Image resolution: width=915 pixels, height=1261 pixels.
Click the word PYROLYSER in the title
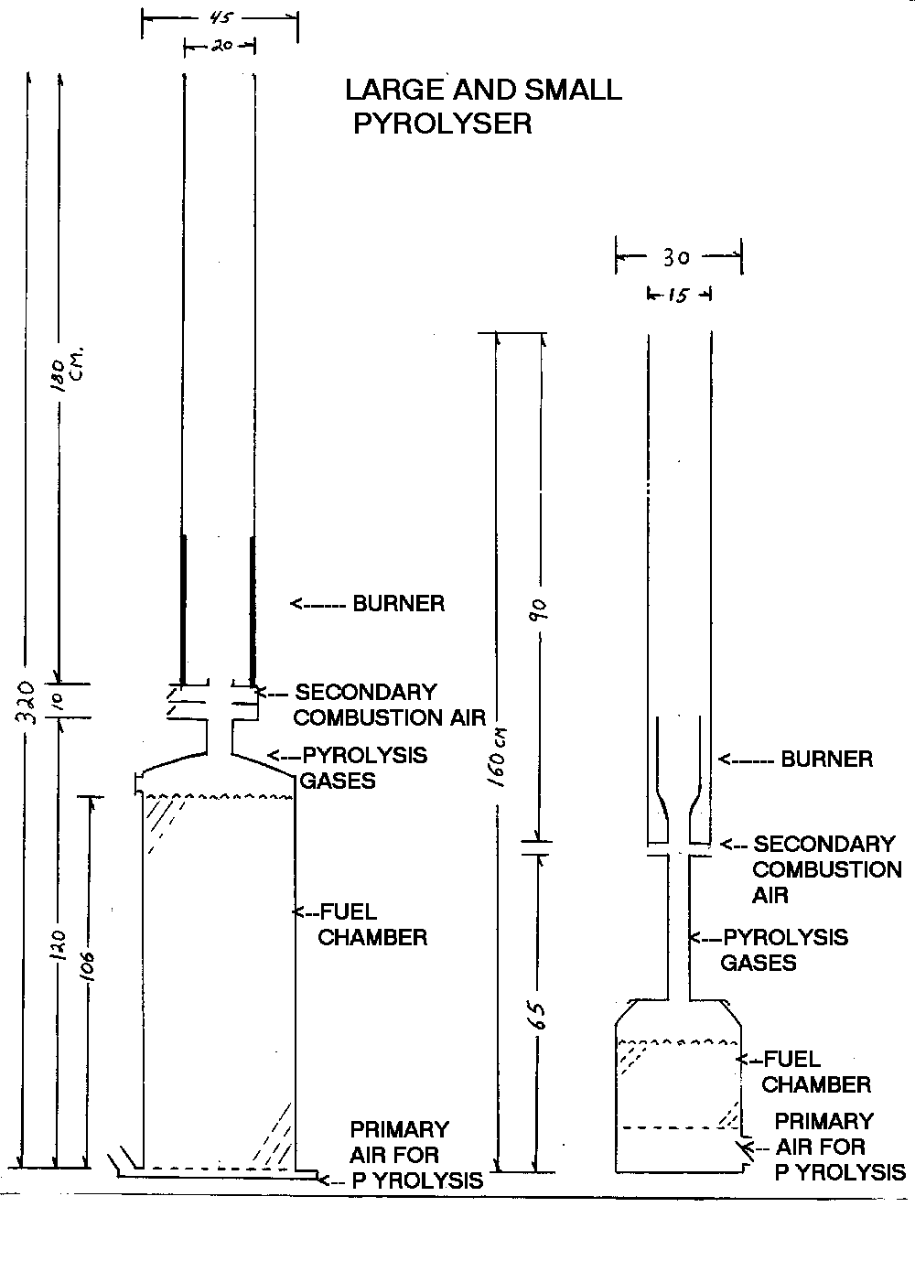pyautogui.click(x=442, y=124)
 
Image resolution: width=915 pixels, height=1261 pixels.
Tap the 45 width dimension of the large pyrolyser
pyautogui.click(x=219, y=16)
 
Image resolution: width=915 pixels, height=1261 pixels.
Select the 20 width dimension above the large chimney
pyautogui.click(x=221, y=45)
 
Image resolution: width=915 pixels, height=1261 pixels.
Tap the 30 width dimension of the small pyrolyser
pyautogui.click(x=676, y=258)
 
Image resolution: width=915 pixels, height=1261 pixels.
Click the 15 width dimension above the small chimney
pyautogui.click(x=678, y=296)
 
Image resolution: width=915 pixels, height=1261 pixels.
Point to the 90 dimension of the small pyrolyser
pyautogui.click(x=539, y=608)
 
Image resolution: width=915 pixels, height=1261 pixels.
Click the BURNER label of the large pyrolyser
pyautogui.click(x=398, y=604)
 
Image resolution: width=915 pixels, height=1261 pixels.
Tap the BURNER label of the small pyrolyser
pyautogui.click(x=825, y=760)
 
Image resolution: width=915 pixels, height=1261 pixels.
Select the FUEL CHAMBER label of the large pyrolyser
pyautogui.click(x=371, y=925)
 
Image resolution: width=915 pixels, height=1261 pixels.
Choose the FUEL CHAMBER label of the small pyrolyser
pyautogui.click(x=814, y=1072)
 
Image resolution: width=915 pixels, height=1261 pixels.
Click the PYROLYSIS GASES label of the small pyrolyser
pyautogui.click(x=783, y=950)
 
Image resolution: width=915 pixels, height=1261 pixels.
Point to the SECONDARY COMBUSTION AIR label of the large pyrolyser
pyautogui.click(x=388, y=705)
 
